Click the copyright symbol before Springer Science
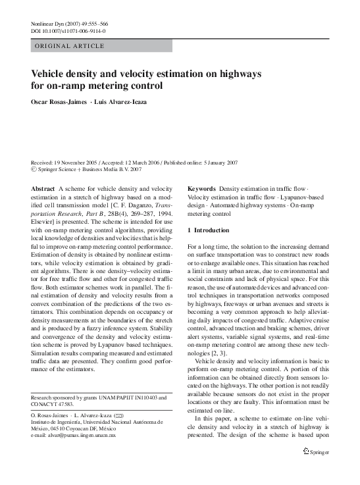coord(34,169)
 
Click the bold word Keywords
coord(201,188)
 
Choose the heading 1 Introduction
coord(209,230)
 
